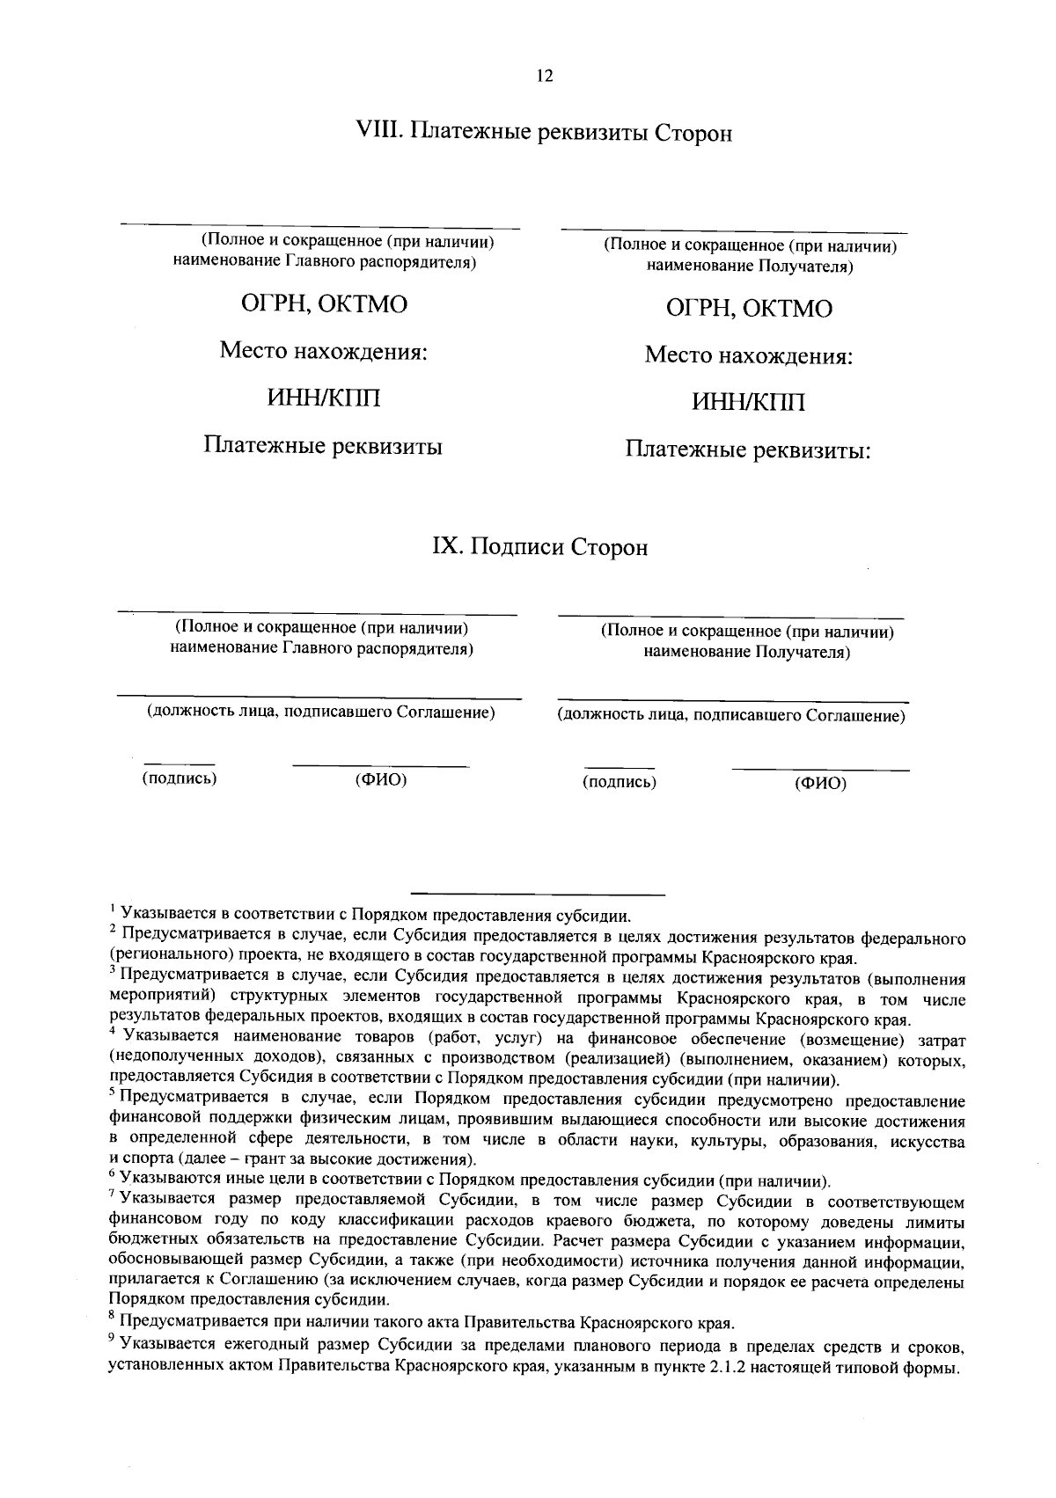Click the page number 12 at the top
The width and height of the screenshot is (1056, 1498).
point(544,77)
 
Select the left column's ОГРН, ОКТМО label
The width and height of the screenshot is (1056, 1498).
point(325,304)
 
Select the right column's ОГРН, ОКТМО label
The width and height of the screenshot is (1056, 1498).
point(749,309)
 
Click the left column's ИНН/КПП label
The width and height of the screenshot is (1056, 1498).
point(325,398)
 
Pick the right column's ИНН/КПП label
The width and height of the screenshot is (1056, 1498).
point(748,403)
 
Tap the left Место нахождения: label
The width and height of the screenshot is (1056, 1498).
point(323,352)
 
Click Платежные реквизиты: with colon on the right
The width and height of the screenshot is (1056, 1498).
point(748,450)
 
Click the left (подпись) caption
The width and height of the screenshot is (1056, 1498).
point(180,778)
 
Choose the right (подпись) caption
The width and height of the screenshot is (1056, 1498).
point(619,781)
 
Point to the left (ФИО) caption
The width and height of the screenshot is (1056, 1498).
point(380,779)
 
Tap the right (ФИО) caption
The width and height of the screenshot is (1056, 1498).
point(819,783)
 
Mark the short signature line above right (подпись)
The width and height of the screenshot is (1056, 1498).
point(620,768)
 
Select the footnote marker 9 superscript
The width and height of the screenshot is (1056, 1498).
point(112,1338)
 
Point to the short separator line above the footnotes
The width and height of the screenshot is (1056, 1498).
point(538,894)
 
